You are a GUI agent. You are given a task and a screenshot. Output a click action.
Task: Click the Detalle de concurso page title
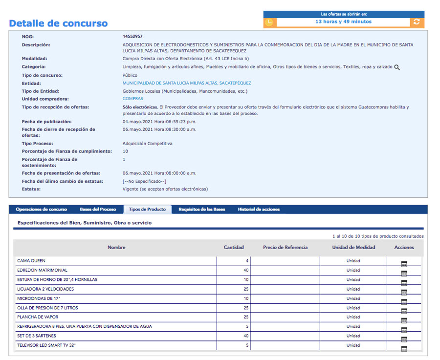pyautogui.click(x=58, y=23)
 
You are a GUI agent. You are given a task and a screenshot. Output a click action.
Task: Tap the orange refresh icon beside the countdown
pyautogui.click(x=417, y=22)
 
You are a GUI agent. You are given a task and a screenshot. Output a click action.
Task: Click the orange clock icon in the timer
pyautogui.click(x=269, y=22)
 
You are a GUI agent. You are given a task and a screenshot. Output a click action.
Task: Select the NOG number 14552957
pyautogui.click(x=132, y=37)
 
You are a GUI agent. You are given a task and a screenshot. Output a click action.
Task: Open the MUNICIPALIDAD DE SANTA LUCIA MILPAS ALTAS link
pyautogui.click(x=187, y=83)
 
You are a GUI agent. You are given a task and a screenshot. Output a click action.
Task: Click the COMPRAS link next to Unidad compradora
pyautogui.click(x=132, y=99)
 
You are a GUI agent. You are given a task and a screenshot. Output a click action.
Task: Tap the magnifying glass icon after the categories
pyautogui.click(x=397, y=67)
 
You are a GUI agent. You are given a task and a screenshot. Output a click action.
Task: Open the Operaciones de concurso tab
pyautogui.click(x=41, y=210)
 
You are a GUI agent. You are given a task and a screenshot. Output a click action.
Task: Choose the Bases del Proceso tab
pyautogui.click(x=98, y=210)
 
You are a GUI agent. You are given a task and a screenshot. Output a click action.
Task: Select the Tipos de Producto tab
pyautogui.click(x=147, y=210)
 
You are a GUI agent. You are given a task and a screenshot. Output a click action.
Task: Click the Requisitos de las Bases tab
pyautogui.click(x=202, y=210)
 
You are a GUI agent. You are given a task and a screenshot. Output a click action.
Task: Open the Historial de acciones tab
pyautogui.click(x=259, y=210)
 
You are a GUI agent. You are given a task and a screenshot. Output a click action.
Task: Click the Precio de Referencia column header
pyautogui.click(x=285, y=247)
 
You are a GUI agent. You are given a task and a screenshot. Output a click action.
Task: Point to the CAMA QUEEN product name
pyautogui.click(x=31, y=261)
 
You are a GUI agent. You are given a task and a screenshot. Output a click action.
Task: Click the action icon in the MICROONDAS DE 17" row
pyautogui.click(x=404, y=301)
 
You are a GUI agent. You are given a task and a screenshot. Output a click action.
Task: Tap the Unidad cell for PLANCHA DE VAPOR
pyautogui.click(x=353, y=317)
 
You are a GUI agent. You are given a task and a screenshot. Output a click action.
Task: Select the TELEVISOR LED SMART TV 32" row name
pyautogui.click(x=46, y=345)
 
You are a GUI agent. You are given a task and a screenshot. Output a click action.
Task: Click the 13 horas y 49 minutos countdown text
pyautogui.click(x=343, y=22)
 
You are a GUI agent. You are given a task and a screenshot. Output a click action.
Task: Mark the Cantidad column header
pyautogui.click(x=234, y=247)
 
